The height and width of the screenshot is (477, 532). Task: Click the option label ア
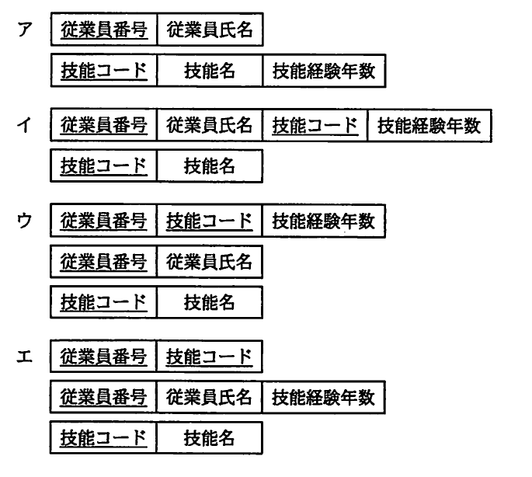tap(29, 32)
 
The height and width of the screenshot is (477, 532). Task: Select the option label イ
tap(29, 127)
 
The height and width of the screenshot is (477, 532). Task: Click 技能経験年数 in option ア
tap(324, 71)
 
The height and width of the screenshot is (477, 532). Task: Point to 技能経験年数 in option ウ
tap(324, 221)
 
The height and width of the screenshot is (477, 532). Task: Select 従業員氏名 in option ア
tap(210, 32)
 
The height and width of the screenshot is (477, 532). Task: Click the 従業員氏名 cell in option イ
tap(210, 126)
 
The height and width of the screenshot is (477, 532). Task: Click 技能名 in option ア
tap(210, 71)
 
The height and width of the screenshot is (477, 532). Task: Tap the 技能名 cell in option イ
tap(210, 165)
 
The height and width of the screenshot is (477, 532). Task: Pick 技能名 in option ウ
tap(210, 301)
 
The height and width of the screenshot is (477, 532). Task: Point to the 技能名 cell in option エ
tap(210, 438)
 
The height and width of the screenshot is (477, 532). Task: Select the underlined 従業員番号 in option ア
tap(104, 32)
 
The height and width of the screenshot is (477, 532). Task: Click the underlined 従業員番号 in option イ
tap(104, 126)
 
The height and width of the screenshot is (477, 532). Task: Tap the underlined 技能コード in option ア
tap(104, 71)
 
